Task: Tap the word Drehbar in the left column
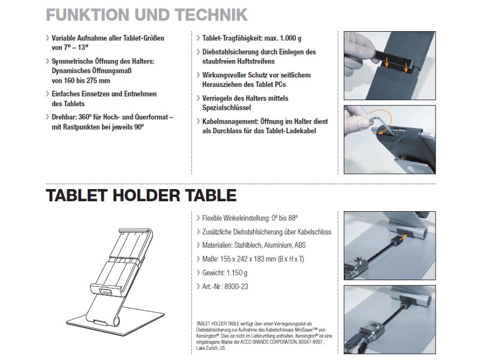(64, 118)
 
